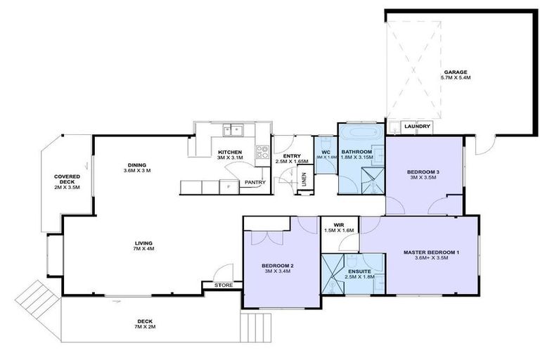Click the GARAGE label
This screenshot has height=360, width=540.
pos(456,72)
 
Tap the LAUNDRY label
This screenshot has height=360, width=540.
pos(417,127)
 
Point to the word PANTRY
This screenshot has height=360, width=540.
pos(255,183)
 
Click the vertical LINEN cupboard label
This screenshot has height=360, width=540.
pos(304,182)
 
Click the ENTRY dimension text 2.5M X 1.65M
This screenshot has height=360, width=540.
pos(292,162)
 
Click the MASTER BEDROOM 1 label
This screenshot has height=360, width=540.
pos(431,252)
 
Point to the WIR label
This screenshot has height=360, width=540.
pos(338,225)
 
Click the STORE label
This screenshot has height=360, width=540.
pos(224,285)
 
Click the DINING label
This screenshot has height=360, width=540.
pos(137,165)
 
